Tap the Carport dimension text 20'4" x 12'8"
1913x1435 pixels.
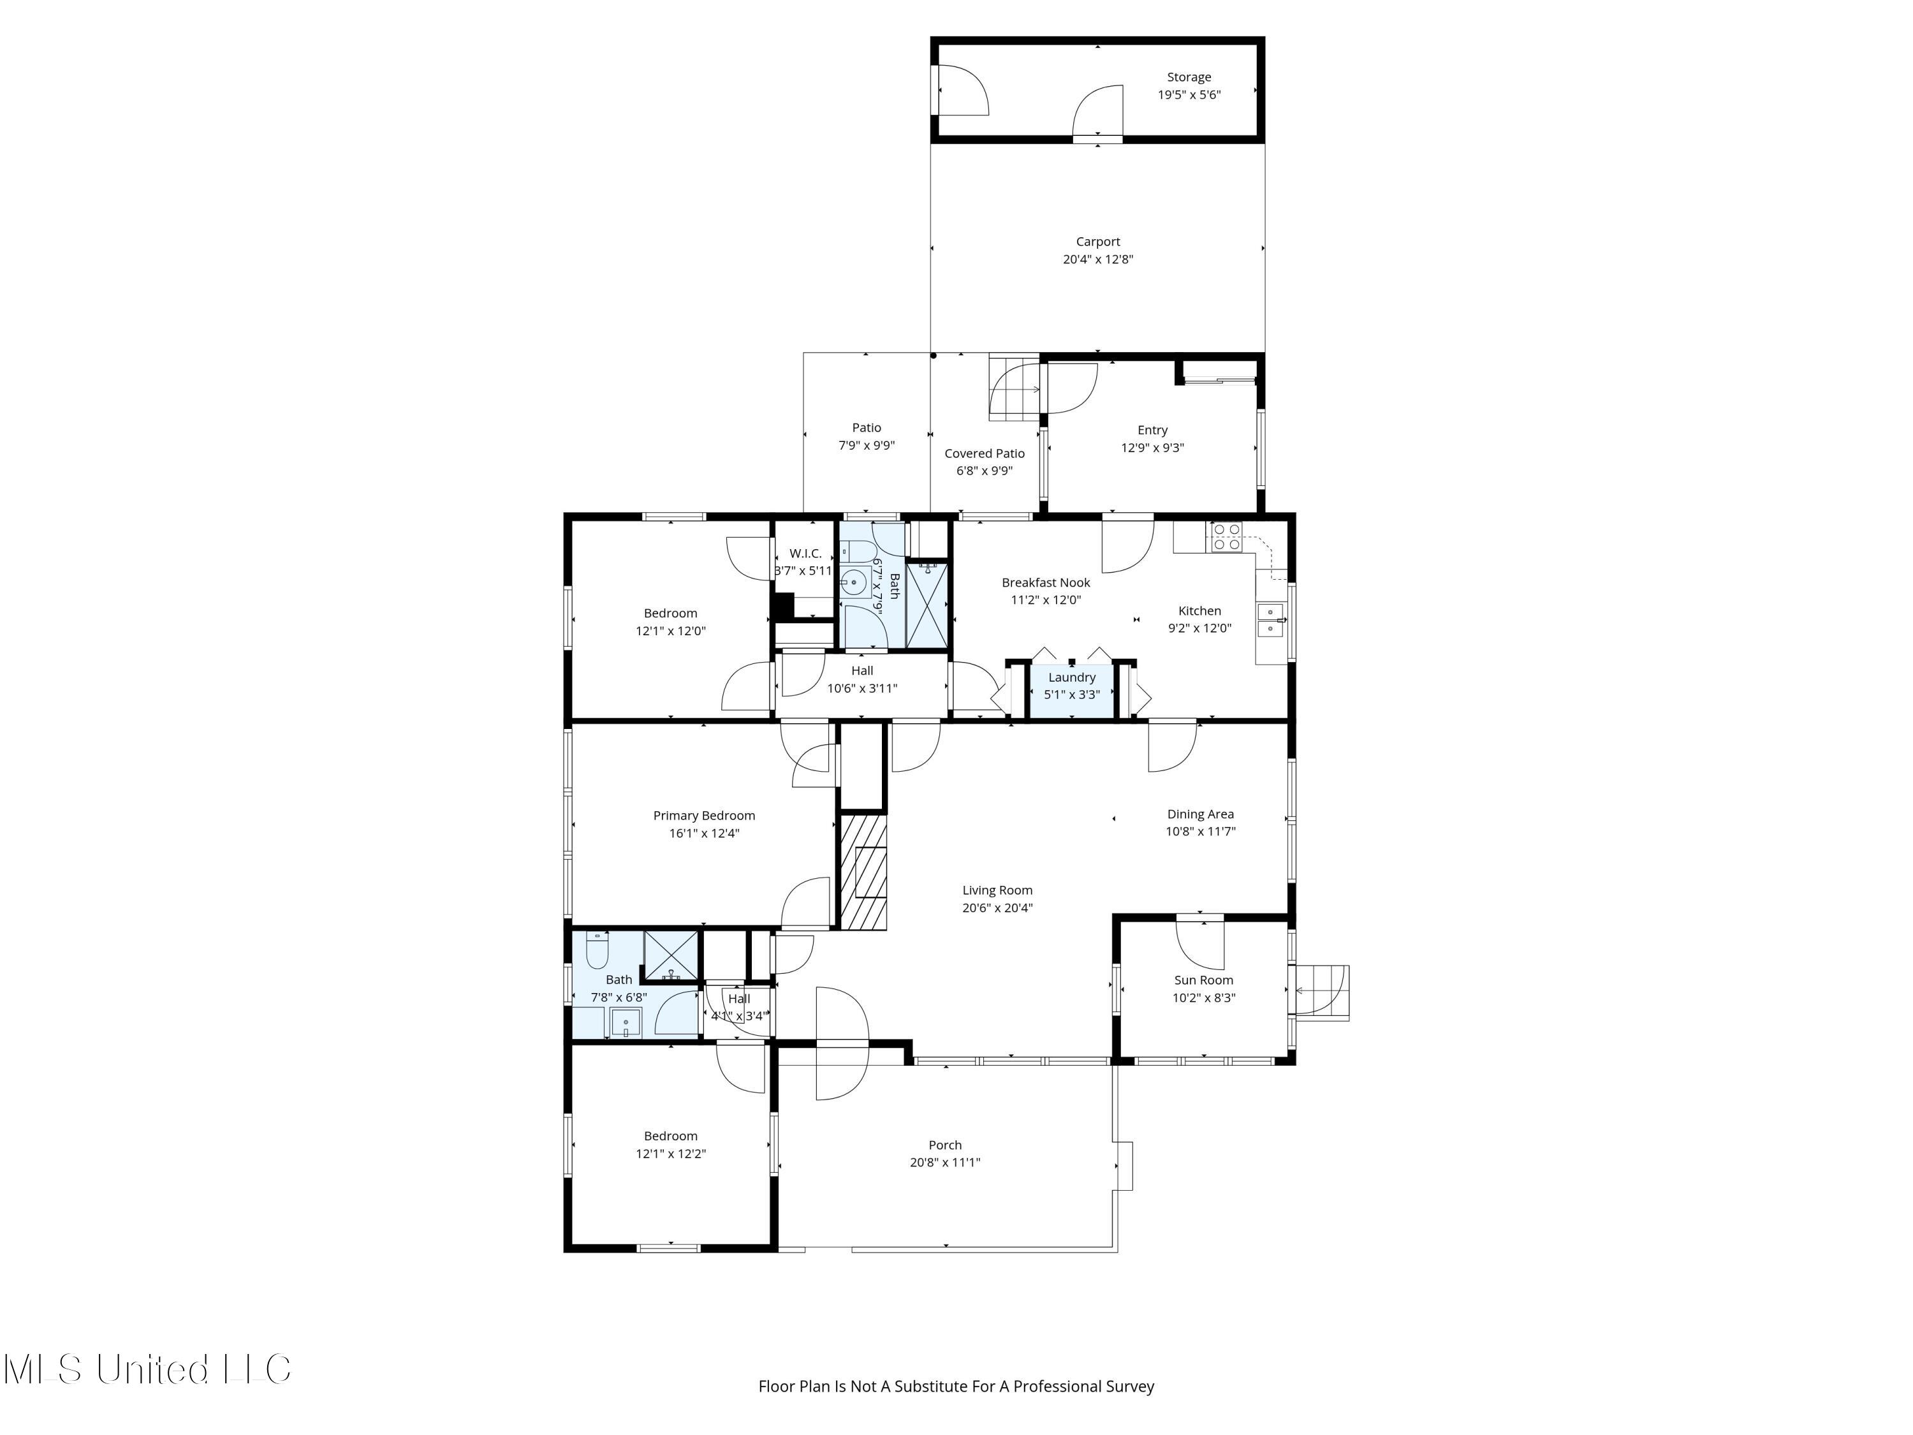click(x=1097, y=260)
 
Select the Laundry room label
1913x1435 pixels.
click(x=1071, y=677)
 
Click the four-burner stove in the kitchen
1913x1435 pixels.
click(x=1226, y=536)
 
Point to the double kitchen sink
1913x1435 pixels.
click(x=1270, y=620)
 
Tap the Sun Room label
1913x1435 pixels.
click(x=1203, y=980)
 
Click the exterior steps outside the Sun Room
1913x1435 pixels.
click(x=1321, y=992)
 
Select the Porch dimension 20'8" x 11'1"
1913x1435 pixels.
click(x=944, y=1163)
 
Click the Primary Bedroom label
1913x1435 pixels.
click(x=704, y=816)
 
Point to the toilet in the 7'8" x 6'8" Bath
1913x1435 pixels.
click(x=597, y=951)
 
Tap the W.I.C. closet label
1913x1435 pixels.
click(x=805, y=554)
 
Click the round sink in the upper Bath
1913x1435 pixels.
click(x=854, y=583)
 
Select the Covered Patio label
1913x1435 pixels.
click(x=984, y=453)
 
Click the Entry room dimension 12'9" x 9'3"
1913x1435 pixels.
click(x=1152, y=448)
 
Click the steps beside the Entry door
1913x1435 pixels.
click(x=1015, y=389)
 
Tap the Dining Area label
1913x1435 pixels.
click(x=1199, y=814)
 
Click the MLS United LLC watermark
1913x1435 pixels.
click(x=147, y=1369)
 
